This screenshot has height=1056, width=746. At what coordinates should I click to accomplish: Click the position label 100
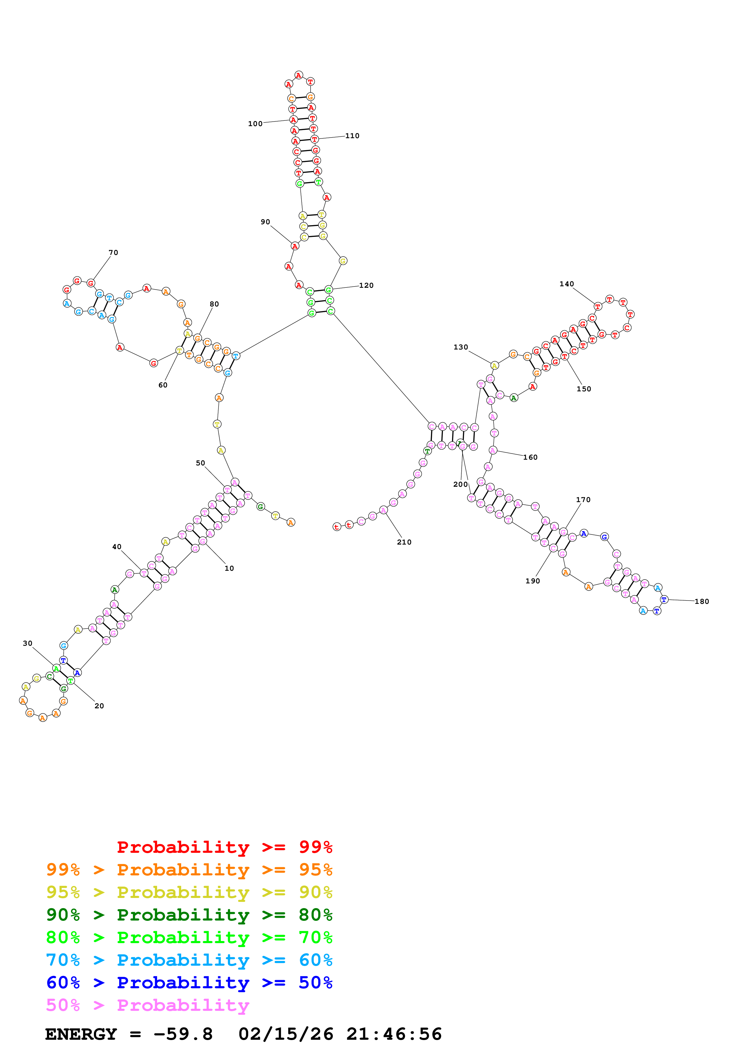click(255, 124)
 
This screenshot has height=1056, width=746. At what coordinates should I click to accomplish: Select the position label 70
click(113, 253)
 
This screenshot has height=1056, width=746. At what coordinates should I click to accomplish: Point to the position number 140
click(566, 284)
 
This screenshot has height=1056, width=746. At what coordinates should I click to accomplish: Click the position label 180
click(701, 601)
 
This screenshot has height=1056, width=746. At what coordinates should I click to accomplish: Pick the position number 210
click(404, 542)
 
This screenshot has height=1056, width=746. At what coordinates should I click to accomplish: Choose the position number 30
click(28, 643)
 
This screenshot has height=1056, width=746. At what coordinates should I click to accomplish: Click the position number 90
click(265, 222)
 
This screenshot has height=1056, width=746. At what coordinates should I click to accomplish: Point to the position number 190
click(532, 581)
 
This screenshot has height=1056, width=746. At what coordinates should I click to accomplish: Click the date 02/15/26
click(286, 1034)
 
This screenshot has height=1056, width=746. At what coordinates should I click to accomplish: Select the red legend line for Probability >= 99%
click(224, 847)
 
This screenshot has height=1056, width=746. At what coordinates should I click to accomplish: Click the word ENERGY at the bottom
click(81, 1034)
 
